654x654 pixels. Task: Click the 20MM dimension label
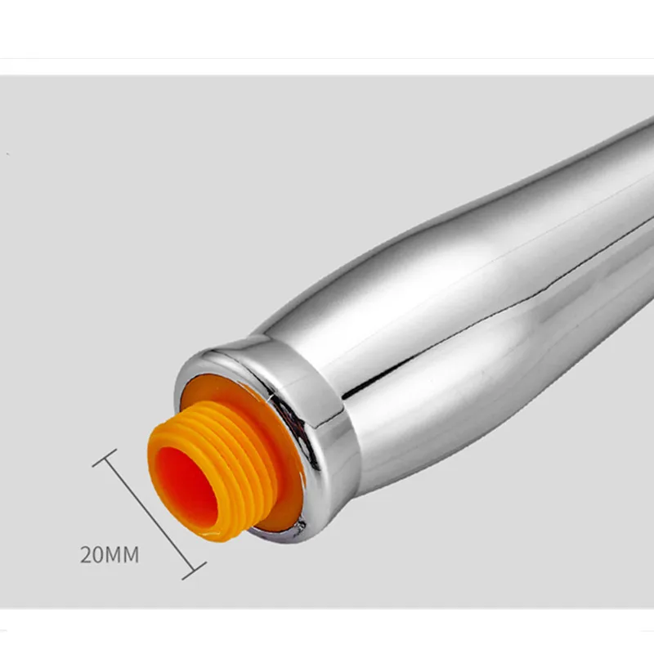110,555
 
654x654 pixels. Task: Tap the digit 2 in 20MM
86,555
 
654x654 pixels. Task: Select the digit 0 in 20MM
99,555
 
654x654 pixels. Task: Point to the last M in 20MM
131,555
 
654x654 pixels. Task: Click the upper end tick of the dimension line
105,458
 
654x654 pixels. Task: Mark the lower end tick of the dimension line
195,571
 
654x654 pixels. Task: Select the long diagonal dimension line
150,514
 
